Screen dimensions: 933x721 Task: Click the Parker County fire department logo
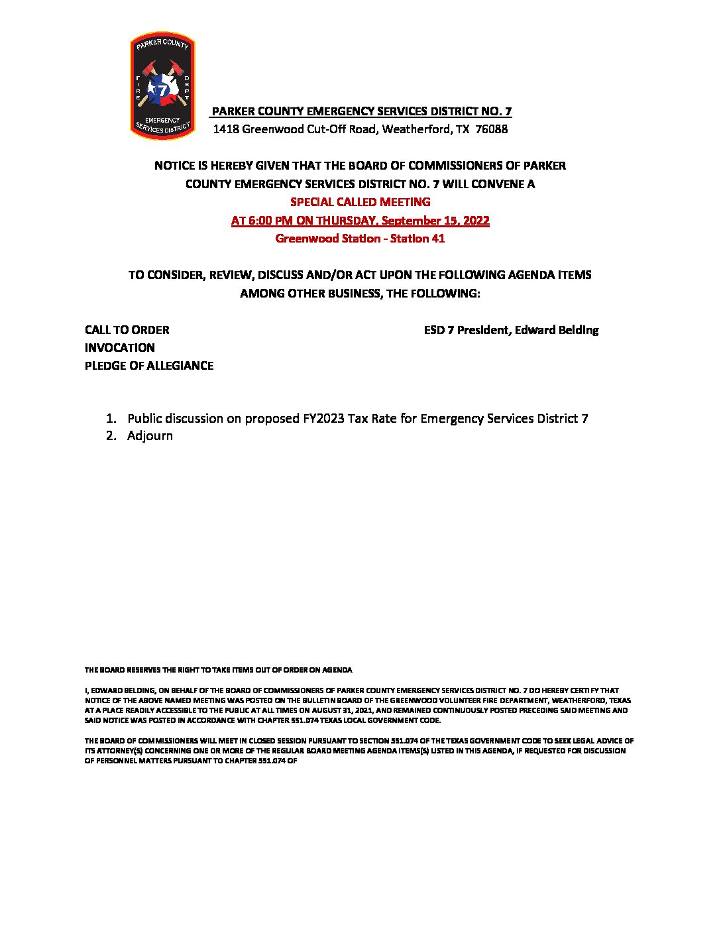pos(162,86)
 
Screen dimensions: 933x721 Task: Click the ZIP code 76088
pos(492,129)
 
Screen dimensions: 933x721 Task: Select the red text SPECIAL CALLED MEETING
pos(360,202)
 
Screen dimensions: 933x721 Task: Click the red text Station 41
pos(417,239)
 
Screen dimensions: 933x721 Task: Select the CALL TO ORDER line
pos(127,330)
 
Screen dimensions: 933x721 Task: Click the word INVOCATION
pos(119,348)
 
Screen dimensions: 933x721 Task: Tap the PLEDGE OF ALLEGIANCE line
pos(148,366)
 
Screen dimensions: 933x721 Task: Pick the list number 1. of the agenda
pos(111,419)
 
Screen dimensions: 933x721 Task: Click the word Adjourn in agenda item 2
pos(150,436)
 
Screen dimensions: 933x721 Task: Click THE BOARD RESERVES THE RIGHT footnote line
pos(218,670)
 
